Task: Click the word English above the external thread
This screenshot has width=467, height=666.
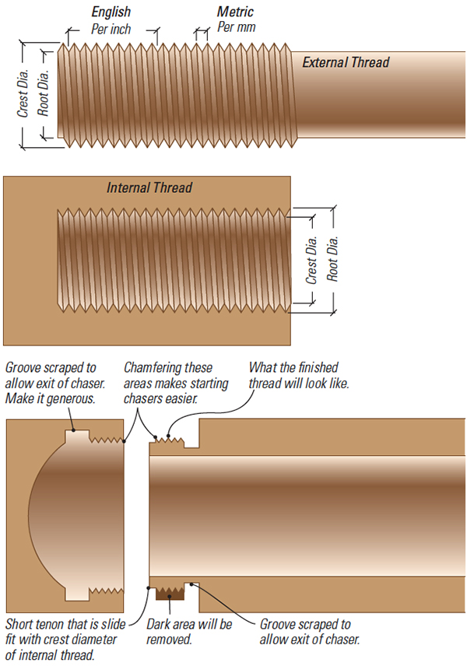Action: (111, 12)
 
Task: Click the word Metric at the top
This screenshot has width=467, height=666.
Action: (235, 12)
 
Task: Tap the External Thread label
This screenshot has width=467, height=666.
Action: (346, 62)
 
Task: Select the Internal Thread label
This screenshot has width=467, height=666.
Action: (149, 188)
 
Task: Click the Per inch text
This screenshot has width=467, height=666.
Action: (111, 29)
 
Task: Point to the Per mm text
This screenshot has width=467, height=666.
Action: (237, 27)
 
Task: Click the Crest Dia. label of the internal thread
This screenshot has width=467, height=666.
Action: (311, 260)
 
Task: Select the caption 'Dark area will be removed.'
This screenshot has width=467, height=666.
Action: (189, 631)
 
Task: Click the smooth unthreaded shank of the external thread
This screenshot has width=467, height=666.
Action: (374, 101)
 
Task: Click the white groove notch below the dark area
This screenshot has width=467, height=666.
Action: (191, 585)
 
